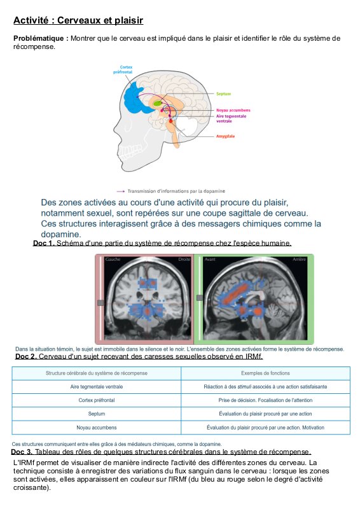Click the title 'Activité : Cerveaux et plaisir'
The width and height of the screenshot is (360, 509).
(78, 20)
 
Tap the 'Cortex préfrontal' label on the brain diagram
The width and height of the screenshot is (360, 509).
(123, 69)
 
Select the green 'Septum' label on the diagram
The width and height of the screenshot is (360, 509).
(224, 94)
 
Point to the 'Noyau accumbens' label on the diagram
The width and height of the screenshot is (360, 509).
(233, 110)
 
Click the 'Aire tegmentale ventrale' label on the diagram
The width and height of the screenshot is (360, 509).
(231, 118)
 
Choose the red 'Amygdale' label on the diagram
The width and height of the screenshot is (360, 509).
(225, 136)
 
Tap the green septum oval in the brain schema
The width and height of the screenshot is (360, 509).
(158, 103)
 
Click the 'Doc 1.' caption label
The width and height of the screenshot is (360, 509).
(44, 243)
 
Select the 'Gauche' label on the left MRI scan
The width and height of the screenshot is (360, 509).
(113, 260)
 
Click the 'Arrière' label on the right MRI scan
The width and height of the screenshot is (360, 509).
(300, 260)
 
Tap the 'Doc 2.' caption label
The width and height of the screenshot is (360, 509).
(26, 356)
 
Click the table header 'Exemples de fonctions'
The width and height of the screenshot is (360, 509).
(265, 373)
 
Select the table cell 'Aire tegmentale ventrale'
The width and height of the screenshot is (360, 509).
(97, 387)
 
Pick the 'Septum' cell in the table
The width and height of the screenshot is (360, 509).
(97, 414)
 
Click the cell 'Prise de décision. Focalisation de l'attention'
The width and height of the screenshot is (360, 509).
(265, 400)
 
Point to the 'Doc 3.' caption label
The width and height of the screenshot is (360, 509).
(22, 452)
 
